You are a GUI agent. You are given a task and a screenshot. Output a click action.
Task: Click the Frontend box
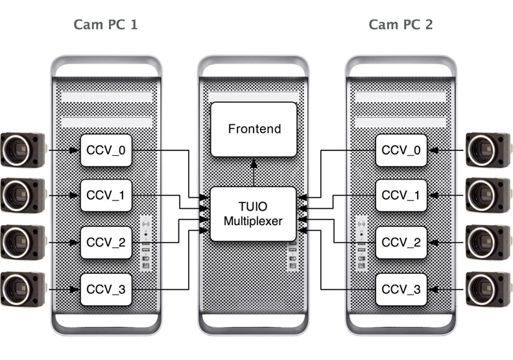point(255,128)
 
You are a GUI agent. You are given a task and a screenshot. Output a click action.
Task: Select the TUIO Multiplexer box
point(253,213)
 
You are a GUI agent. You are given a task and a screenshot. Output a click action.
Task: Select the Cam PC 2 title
point(401,25)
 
